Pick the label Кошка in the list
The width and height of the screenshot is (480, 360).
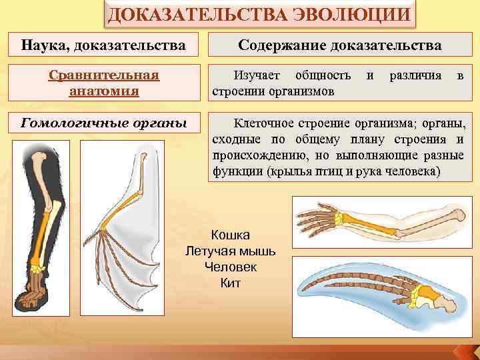pos(230,235)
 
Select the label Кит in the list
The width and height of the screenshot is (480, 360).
pos(230,283)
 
